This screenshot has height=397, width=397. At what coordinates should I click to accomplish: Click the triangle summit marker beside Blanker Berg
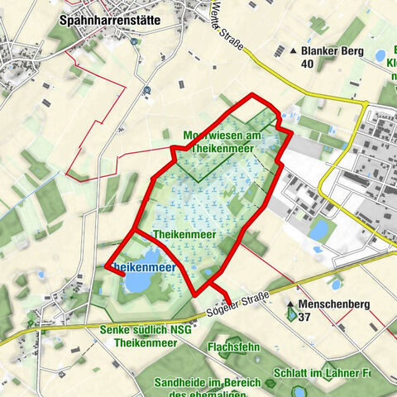pyautogui.click(x=294, y=50)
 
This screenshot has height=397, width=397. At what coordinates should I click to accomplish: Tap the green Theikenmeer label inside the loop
pyautogui.click(x=184, y=235)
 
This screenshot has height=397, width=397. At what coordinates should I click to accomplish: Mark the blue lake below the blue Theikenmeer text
pyautogui.click(x=137, y=283)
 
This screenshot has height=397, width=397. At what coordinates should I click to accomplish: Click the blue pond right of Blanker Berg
pyautogui.click(x=380, y=56)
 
